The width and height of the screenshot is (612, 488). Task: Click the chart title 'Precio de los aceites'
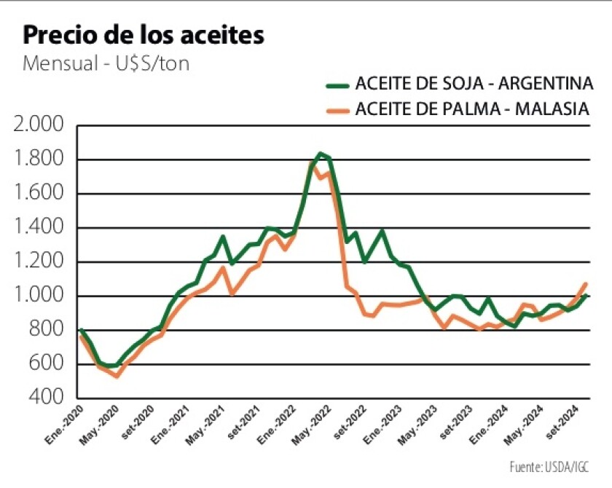144,36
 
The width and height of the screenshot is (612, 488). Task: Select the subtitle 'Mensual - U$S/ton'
106,63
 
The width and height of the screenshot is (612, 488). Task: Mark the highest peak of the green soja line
320,154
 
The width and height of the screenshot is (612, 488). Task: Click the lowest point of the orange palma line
117,376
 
